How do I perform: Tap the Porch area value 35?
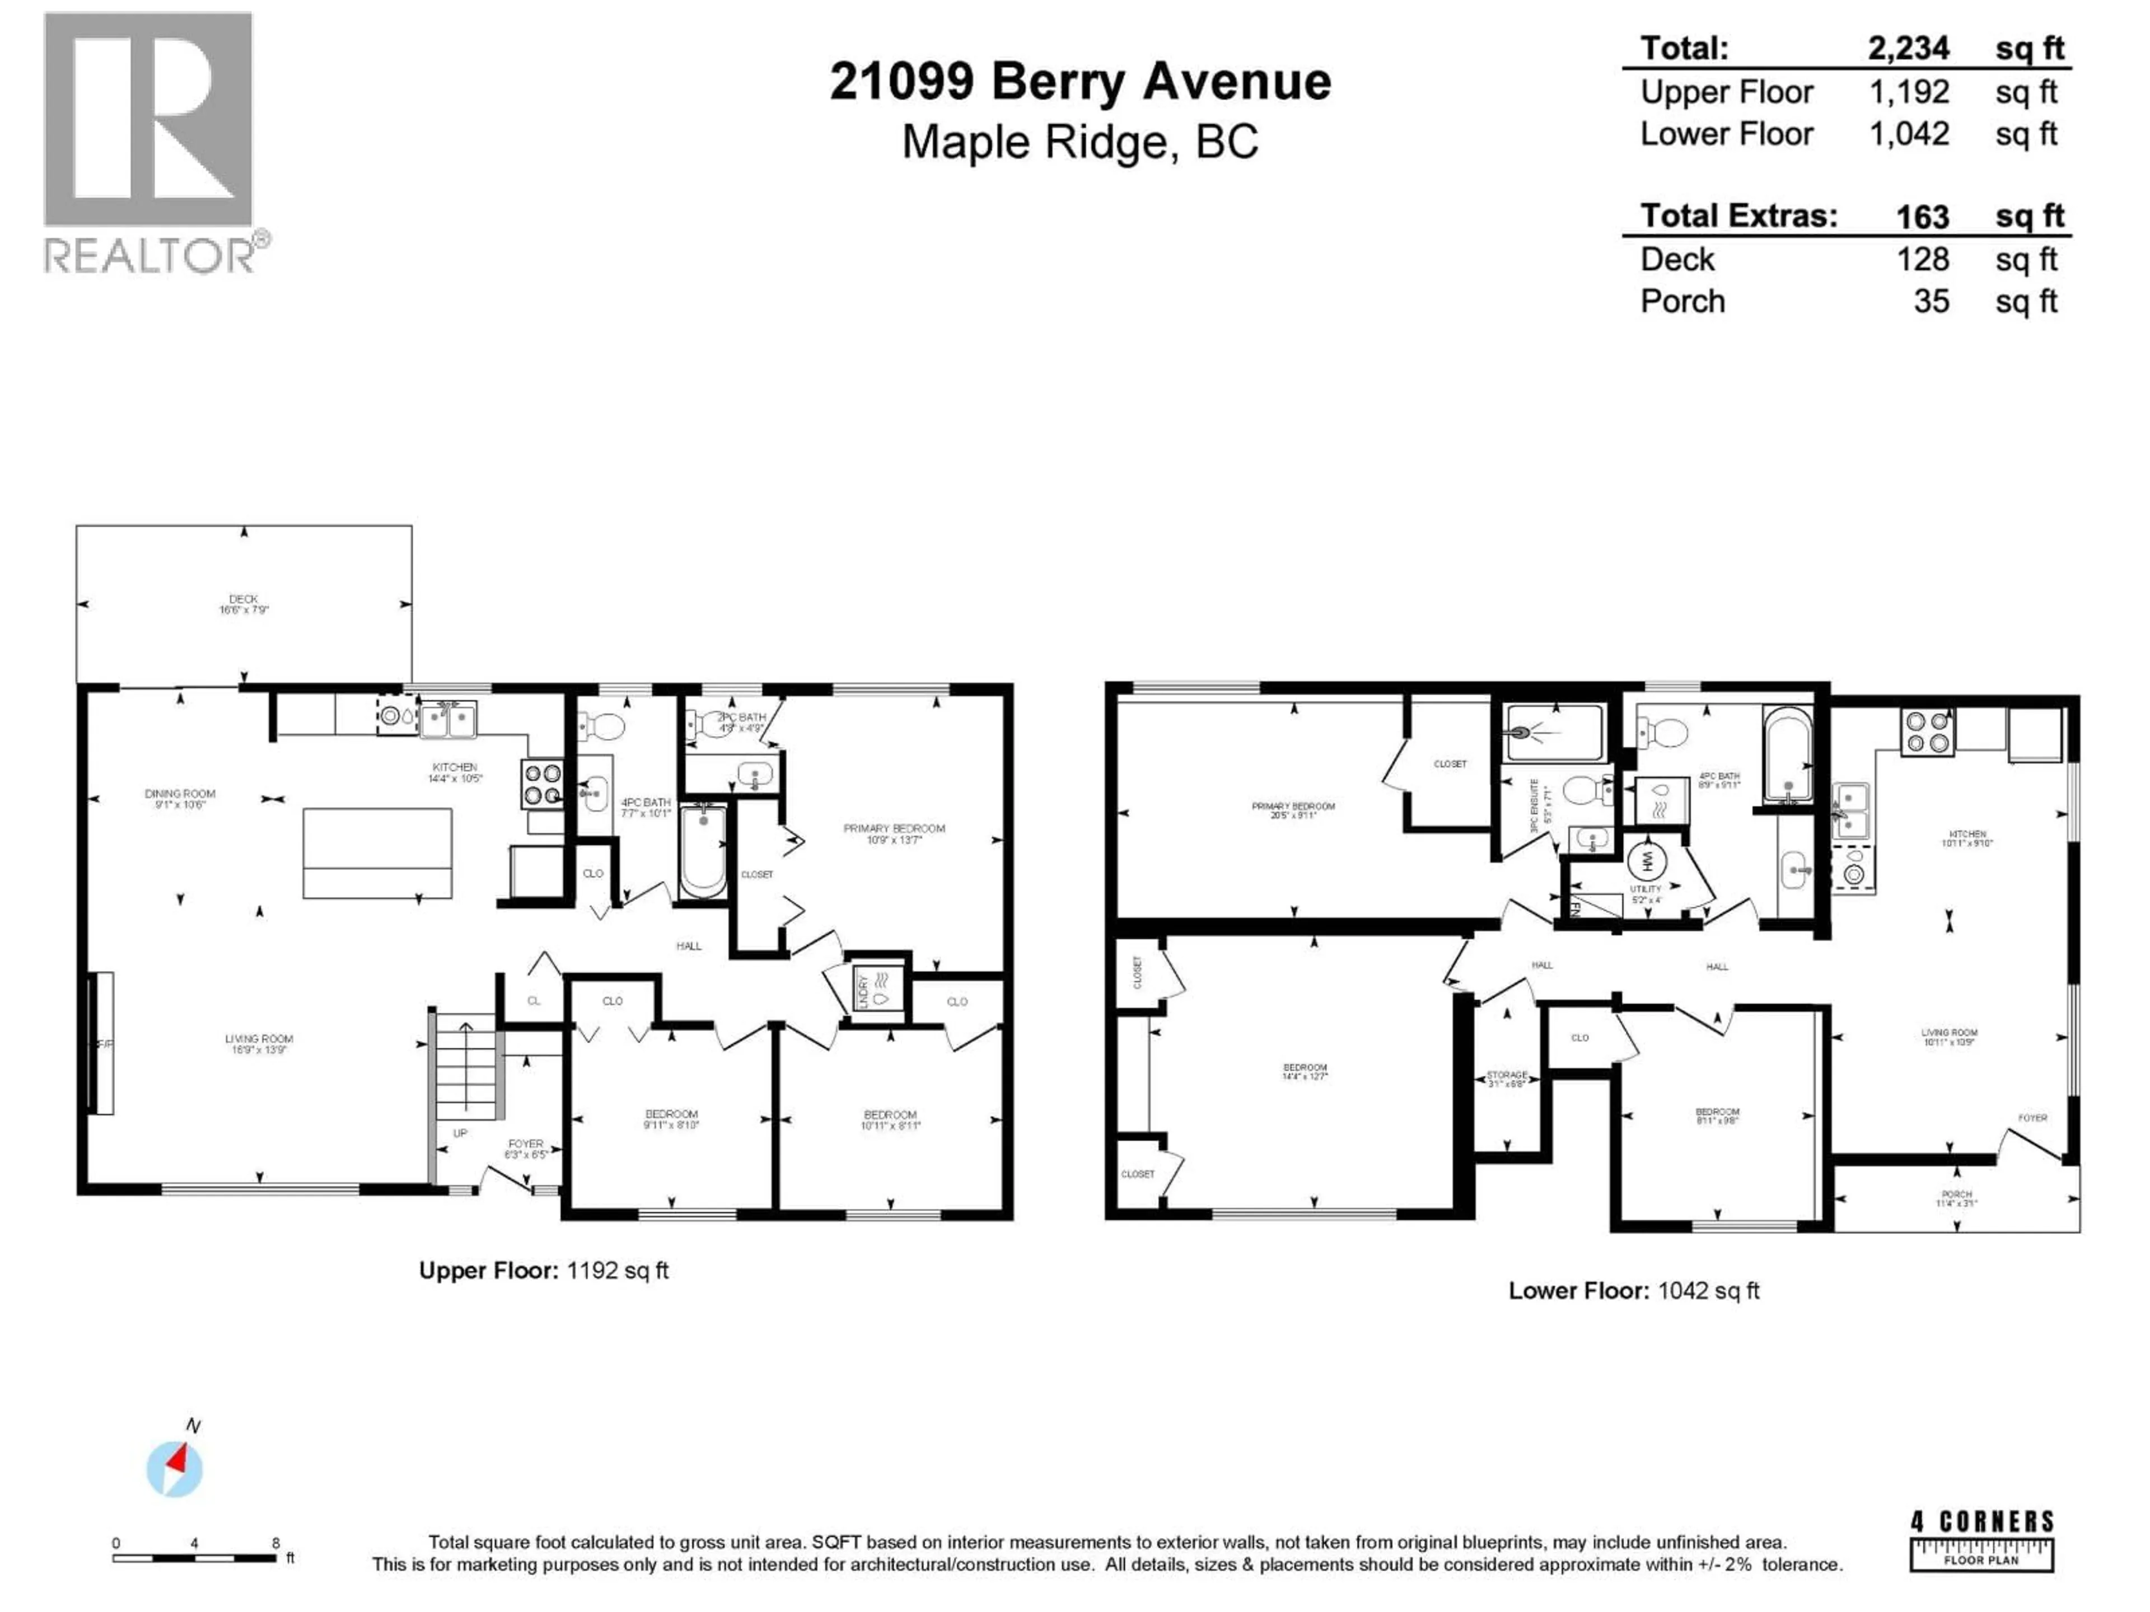[x=1931, y=301]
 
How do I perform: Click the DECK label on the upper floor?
[x=243, y=599]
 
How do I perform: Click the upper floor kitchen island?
[x=377, y=852]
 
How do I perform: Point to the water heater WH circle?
[x=1647, y=860]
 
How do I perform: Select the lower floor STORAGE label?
[x=1507, y=1075]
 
